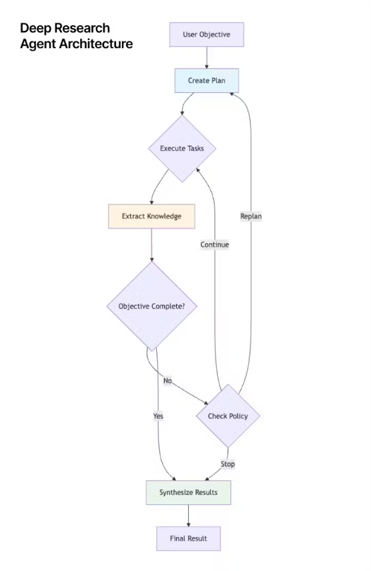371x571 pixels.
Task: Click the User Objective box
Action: coord(207,35)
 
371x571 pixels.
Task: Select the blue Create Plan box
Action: coord(207,81)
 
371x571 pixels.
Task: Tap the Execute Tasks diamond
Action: coord(182,148)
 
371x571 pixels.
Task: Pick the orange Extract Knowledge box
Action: coord(151,216)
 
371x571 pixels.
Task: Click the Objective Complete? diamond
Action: coord(151,307)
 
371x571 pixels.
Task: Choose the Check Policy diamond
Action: coord(228,416)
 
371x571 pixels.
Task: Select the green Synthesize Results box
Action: coord(188,492)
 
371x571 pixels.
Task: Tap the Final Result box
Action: coord(188,538)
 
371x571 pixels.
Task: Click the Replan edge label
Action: coord(251,216)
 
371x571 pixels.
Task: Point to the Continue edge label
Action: coord(215,244)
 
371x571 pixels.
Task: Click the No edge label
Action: coord(167,381)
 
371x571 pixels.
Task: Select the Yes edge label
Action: coord(158,416)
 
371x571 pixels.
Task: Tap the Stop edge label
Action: coord(228,464)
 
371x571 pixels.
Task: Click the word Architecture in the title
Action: coord(96,43)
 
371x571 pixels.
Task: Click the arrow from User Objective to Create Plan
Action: coord(207,57)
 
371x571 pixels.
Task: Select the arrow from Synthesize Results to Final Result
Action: coord(188,516)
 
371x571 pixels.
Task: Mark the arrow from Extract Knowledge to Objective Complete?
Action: coord(151,245)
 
